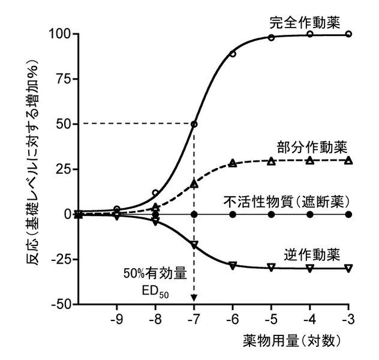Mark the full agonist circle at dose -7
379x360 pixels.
pyautogui.click(x=194, y=124)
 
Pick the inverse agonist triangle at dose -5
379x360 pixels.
pyautogui.click(x=271, y=267)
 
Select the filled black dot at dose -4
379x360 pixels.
pyautogui.click(x=310, y=214)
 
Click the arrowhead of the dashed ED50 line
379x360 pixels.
pyautogui.click(x=194, y=299)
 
